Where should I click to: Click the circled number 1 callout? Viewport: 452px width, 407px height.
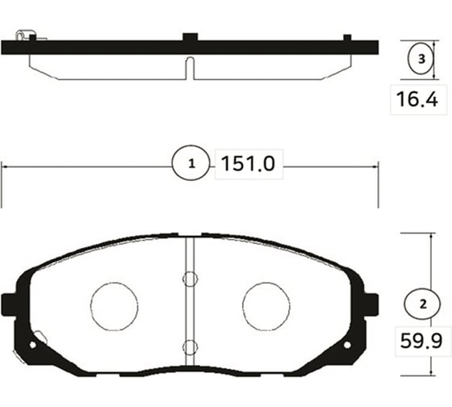191,165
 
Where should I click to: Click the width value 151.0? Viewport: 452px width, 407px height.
248,165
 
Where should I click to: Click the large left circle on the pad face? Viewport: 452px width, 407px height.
115,306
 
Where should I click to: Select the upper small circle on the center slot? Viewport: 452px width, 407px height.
190,280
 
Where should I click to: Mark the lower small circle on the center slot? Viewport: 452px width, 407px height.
190,347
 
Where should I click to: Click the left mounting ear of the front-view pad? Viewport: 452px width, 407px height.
10,304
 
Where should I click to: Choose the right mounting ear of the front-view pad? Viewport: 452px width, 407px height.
372,304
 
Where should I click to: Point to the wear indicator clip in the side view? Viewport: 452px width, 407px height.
26,35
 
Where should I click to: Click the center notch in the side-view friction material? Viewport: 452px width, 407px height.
190,68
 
